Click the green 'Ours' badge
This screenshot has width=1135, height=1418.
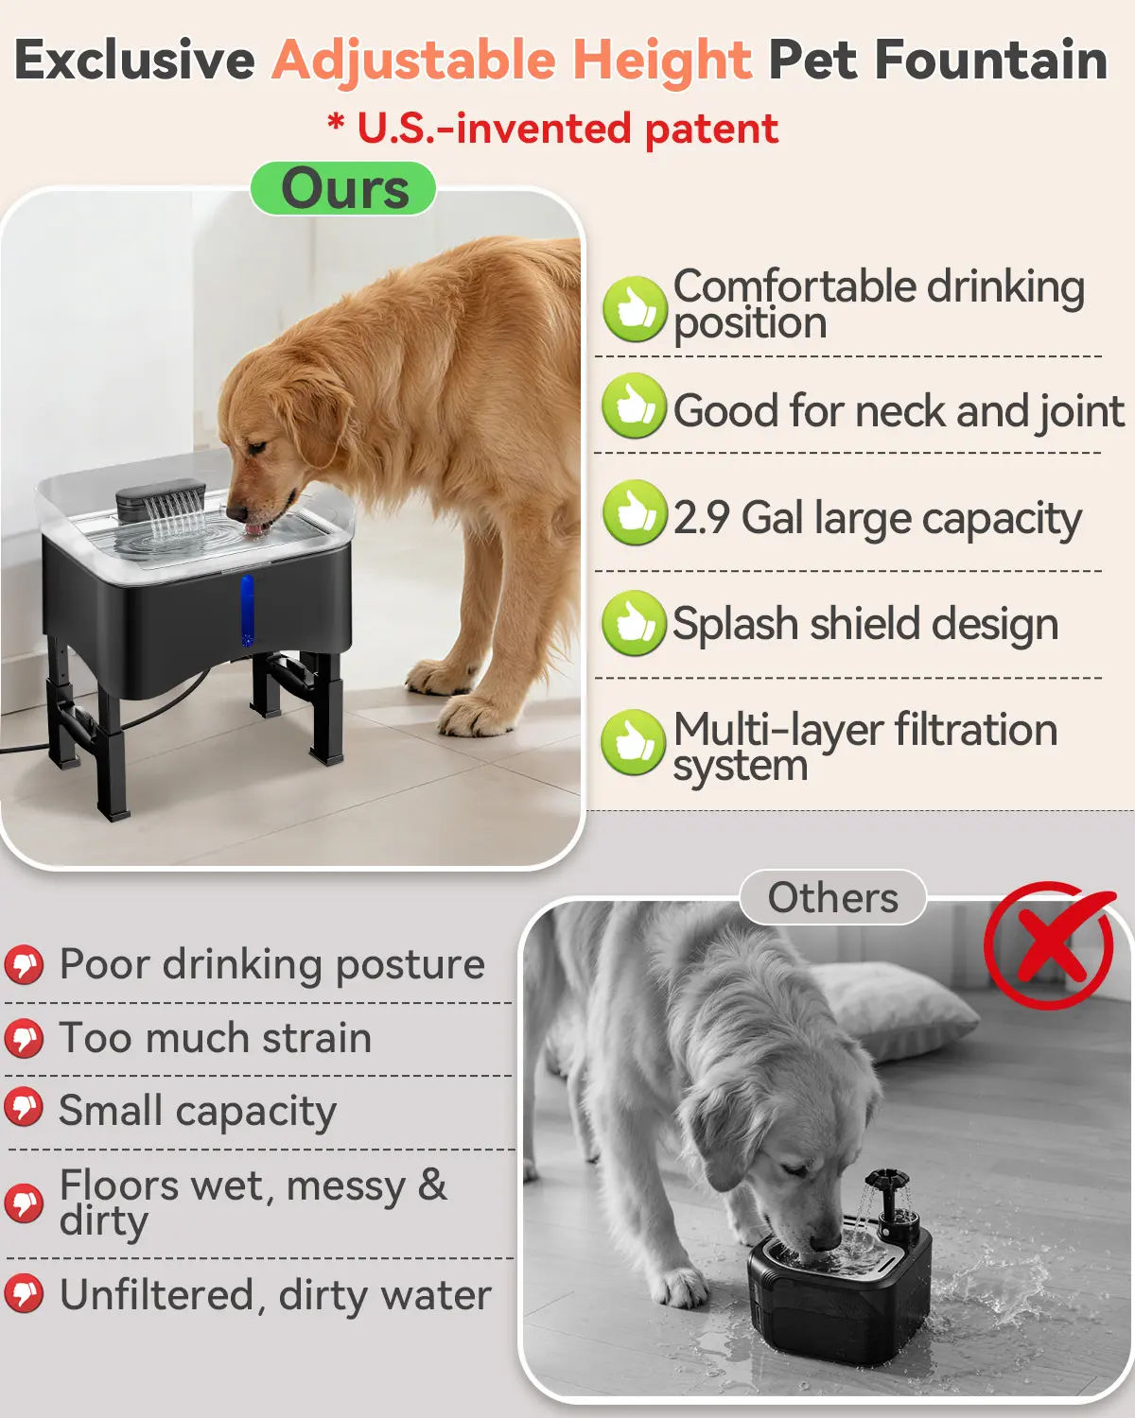(x=343, y=188)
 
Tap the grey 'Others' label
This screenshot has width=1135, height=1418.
(x=833, y=897)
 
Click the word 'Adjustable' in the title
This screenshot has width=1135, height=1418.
(x=414, y=61)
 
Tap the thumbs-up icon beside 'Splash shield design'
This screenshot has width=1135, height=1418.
(x=634, y=623)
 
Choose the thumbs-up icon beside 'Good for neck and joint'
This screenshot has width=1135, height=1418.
(x=634, y=406)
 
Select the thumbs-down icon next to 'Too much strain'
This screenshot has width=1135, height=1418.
(x=25, y=1038)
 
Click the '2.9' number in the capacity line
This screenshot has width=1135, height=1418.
(x=701, y=518)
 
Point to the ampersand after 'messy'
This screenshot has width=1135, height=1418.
(x=432, y=1185)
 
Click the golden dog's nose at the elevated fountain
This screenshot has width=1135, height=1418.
(x=236, y=512)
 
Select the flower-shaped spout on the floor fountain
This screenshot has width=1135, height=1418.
(x=885, y=1180)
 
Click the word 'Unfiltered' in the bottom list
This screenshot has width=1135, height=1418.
(x=157, y=1294)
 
